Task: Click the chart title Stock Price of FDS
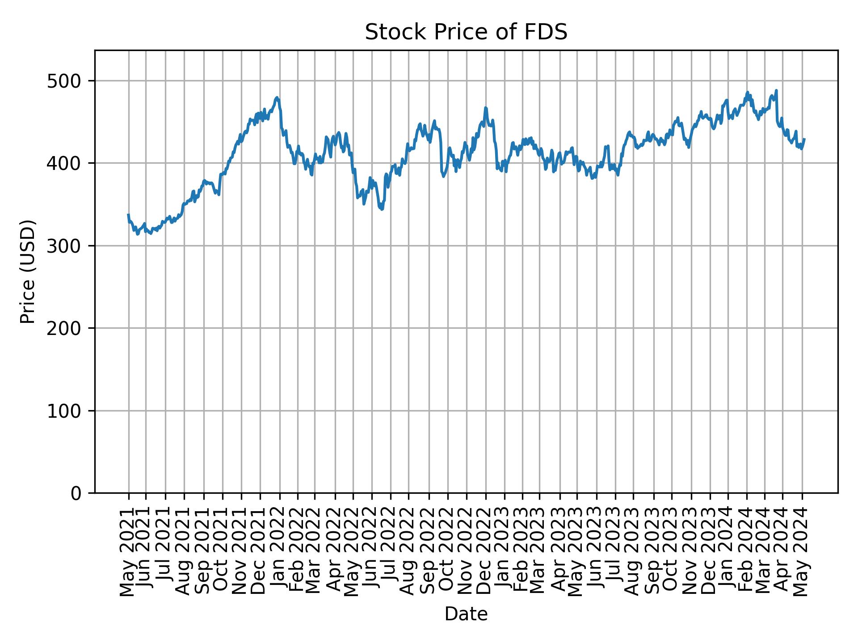click(x=466, y=32)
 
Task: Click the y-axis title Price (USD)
click(x=28, y=271)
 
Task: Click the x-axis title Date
click(x=466, y=614)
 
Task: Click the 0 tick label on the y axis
click(x=77, y=493)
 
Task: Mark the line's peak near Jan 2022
click(x=277, y=97)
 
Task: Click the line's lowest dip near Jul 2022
click(x=382, y=209)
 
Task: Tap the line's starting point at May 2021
click(x=128, y=215)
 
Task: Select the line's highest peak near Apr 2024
click(x=776, y=90)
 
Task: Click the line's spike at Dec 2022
click(x=486, y=107)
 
